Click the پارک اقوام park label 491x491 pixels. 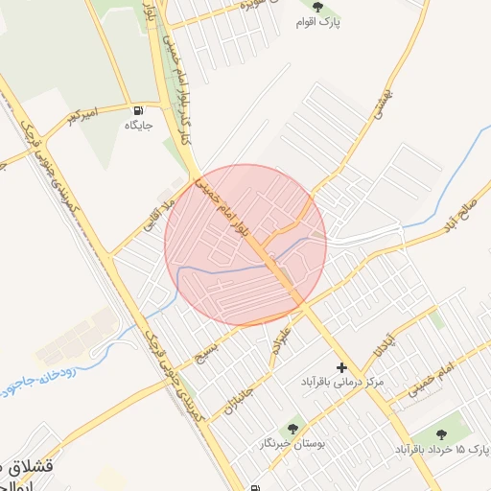pyautogui.click(x=323, y=20)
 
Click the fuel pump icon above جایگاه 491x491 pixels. pyautogui.click(x=139, y=109)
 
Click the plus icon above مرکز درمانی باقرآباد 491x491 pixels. pyautogui.click(x=341, y=367)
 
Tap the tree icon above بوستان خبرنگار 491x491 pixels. pyautogui.click(x=292, y=429)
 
